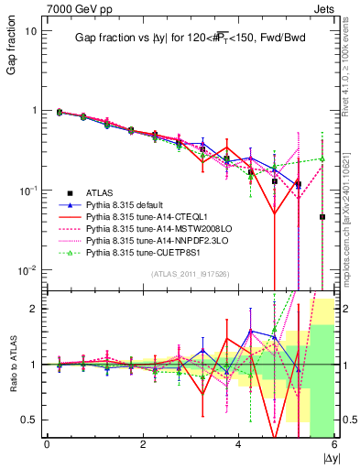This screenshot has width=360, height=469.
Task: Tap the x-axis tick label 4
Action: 238,444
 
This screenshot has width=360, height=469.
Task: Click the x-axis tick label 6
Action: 333,444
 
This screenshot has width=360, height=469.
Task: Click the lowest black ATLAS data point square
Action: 322,217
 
